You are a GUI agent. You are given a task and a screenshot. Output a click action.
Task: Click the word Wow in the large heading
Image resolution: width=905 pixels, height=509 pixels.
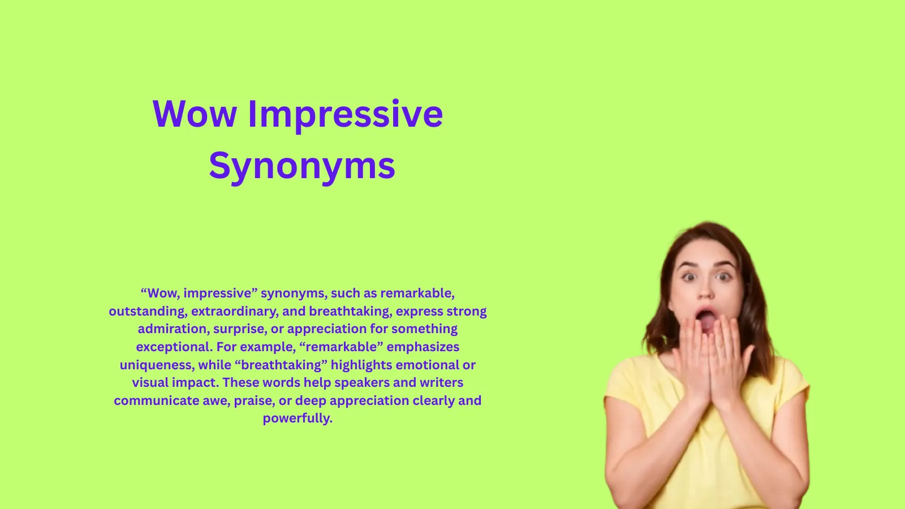pos(195,114)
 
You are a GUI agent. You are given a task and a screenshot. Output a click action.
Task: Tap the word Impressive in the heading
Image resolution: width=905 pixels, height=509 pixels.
pos(346,117)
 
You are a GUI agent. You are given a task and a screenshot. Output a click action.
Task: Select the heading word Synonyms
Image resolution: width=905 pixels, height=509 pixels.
pos(302,166)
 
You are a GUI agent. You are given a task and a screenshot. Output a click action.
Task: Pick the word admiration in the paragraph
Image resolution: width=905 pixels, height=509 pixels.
pos(174,329)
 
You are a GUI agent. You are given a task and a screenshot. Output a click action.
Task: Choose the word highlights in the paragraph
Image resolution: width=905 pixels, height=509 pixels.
pos(361,365)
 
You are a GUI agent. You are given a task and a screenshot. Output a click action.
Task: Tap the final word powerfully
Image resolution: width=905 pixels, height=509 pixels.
pos(298,419)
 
